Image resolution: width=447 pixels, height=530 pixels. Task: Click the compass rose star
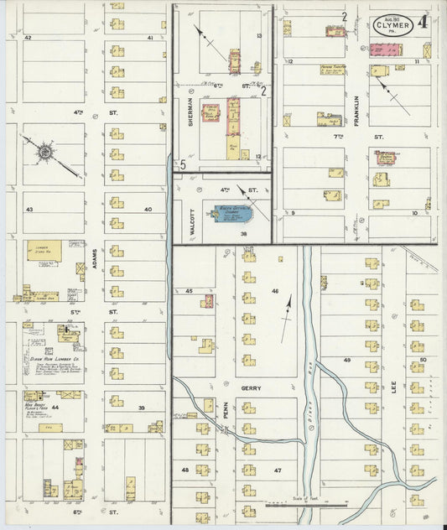45,153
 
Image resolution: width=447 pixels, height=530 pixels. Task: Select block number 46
274,290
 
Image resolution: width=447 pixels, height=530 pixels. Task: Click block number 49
347,359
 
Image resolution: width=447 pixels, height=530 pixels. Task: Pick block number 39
141,408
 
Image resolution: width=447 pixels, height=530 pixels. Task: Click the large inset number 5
182,164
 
